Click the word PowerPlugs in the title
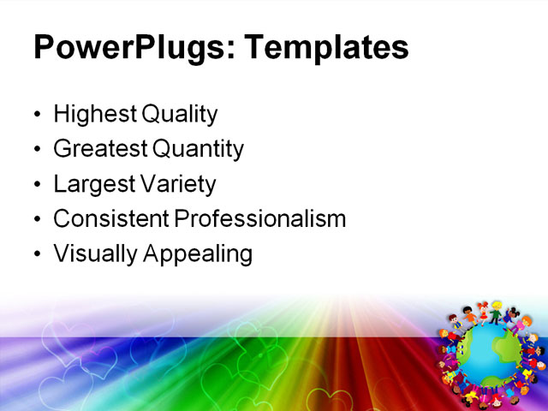pyautogui.click(x=125, y=47)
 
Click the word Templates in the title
pyautogui.click(x=326, y=47)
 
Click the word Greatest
pyautogui.click(x=99, y=150)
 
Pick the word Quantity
pyautogui.click(x=199, y=150)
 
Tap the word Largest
pyautogui.click(x=92, y=184)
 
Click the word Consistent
pyautogui.click(x=111, y=219)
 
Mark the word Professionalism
pyautogui.click(x=260, y=219)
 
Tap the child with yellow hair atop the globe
pyautogui.click(x=496, y=309)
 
